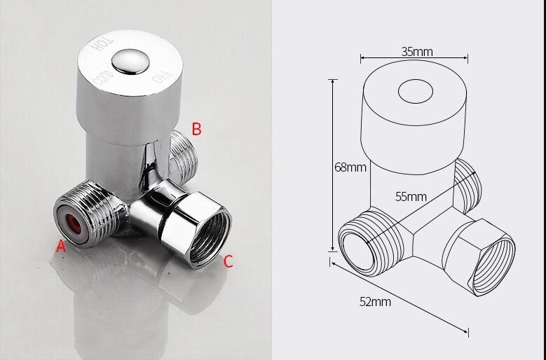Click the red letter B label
197,129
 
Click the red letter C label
228,262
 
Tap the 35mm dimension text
416,51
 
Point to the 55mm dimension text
410,196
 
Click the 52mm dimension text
375,302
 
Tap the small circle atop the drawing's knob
416,92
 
